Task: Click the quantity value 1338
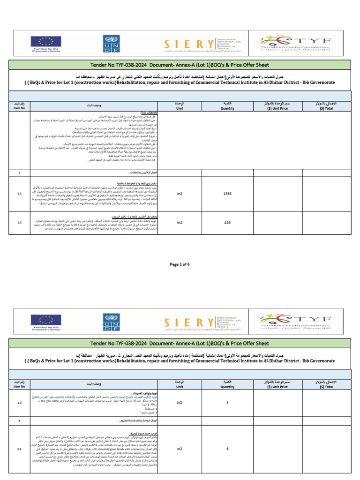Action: [x=227, y=193]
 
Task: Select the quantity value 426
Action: [x=227, y=223]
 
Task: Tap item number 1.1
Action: [x=19, y=193]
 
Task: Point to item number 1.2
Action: [x=19, y=223]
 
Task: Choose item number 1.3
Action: [x=19, y=402]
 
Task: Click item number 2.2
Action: [x=19, y=449]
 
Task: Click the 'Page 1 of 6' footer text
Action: [x=180, y=264]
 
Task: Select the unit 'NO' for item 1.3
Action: [x=180, y=402]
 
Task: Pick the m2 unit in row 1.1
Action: [x=180, y=193]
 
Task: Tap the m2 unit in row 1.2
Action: [x=180, y=223]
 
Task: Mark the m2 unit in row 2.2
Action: [x=180, y=449]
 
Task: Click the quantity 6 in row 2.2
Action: [x=227, y=449]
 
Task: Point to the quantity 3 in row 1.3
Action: [x=227, y=402]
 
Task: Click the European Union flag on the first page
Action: [x=46, y=41]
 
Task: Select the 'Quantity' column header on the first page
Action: [x=227, y=105]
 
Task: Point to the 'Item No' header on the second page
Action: [x=19, y=384]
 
